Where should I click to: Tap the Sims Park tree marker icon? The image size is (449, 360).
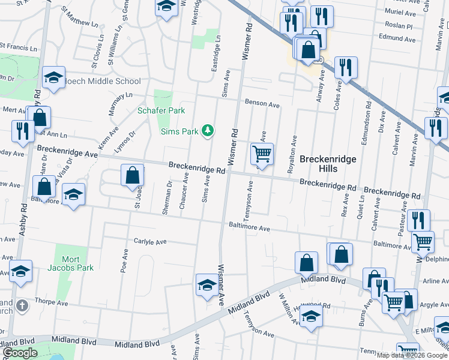point(208,131)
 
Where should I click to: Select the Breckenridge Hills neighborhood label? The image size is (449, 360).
point(328,164)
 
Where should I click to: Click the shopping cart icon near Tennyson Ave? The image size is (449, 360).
point(262,154)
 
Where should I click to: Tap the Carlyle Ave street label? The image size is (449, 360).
point(150,242)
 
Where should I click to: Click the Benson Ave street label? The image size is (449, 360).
point(262,104)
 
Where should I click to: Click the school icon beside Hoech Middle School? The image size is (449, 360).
point(54,77)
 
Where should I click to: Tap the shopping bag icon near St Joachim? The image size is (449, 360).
point(133,175)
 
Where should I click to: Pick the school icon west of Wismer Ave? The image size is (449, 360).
point(206,284)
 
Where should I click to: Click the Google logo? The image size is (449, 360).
point(20,353)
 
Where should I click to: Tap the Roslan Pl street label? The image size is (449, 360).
point(400,26)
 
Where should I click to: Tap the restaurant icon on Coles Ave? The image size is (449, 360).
point(346,67)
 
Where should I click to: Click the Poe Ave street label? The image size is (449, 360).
point(125,262)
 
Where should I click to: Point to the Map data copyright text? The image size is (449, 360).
point(411,355)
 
